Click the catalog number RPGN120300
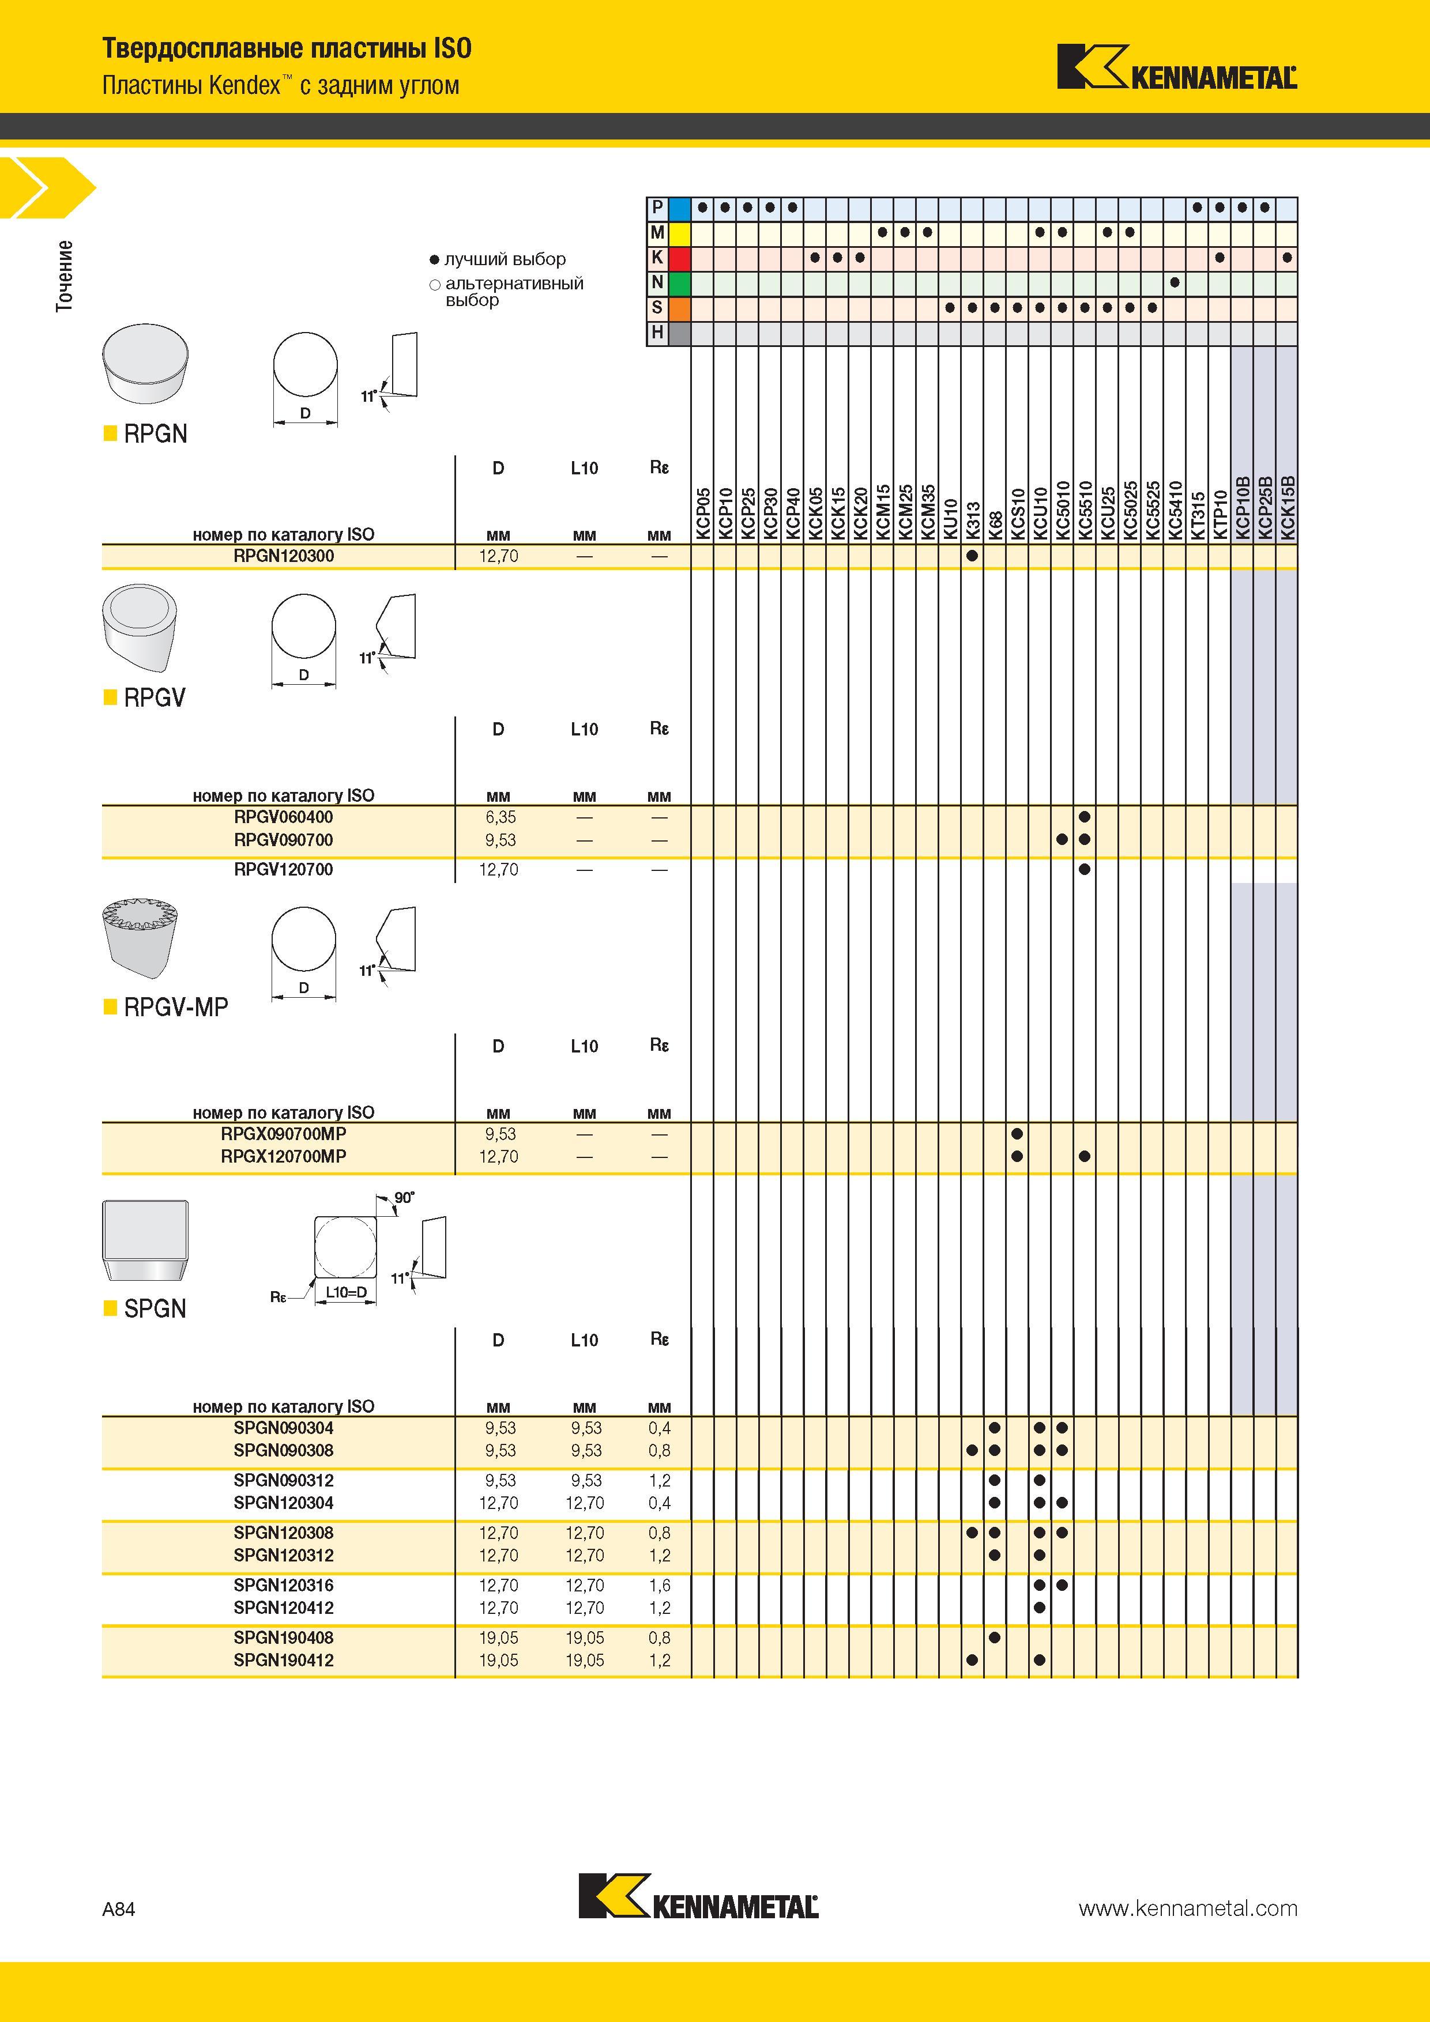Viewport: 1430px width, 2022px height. tap(284, 557)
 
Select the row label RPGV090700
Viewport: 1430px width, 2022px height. tap(284, 840)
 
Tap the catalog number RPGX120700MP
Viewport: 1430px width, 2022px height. tap(284, 1156)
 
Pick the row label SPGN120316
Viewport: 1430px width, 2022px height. tap(284, 1585)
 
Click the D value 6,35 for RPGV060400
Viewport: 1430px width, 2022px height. tap(499, 817)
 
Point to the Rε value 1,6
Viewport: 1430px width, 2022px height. tap(659, 1585)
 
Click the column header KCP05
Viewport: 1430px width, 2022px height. tap(703, 514)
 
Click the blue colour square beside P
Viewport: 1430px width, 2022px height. tap(679, 209)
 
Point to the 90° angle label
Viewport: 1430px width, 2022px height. tap(404, 1198)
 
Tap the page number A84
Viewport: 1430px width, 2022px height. tap(119, 1909)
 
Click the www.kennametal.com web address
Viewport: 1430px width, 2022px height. tap(1188, 1909)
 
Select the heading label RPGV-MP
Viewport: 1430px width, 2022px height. tap(176, 1006)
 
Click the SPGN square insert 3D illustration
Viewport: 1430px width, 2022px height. tap(145, 1240)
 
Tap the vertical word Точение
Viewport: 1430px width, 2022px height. tap(65, 276)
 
